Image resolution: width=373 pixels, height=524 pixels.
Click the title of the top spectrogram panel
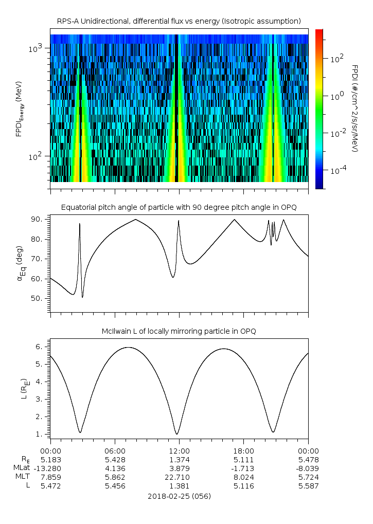click(x=179, y=21)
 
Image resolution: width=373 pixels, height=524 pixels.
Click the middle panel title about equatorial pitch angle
click(x=179, y=207)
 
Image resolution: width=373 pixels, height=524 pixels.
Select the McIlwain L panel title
click(x=179, y=331)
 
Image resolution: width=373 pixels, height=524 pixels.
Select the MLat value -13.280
click(x=50, y=468)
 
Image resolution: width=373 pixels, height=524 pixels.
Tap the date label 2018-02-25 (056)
click(x=179, y=496)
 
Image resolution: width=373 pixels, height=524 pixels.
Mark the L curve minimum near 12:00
click(x=177, y=434)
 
